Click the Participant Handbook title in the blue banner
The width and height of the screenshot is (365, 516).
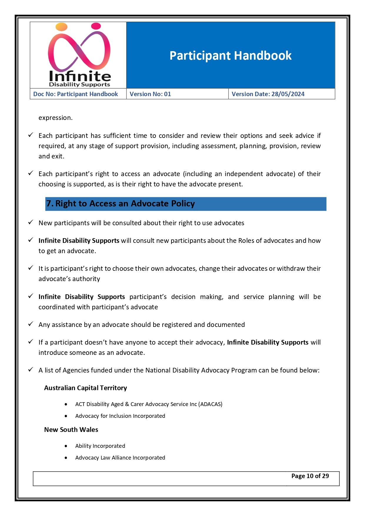click(x=230, y=56)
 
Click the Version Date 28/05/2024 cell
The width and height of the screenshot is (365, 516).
click(x=268, y=94)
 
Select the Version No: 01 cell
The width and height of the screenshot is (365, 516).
click(x=150, y=94)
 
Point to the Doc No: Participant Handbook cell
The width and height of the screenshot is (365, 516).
click(x=76, y=94)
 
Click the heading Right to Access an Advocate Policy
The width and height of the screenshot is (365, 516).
click(x=121, y=203)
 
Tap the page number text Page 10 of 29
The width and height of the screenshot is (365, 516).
click(x=310, y=476)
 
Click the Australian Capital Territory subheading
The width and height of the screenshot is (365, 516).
click(x=86, y=388)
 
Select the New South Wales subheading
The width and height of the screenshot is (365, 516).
click(x=71, y=430)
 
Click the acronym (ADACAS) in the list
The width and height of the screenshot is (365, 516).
click(x=210, y=404)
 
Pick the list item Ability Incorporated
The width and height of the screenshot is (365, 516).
click(x=100, y=446)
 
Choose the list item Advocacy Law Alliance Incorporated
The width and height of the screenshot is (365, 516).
click(x=120, y=457)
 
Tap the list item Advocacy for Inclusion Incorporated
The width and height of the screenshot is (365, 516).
click(x=120, y=416)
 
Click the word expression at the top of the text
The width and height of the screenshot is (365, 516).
click(x=55, y=118)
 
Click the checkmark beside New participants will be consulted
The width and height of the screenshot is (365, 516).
click(x=31, y=222)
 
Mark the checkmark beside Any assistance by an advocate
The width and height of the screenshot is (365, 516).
click(x=31, y=324)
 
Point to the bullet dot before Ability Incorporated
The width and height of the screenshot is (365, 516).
click(x=66, y=446)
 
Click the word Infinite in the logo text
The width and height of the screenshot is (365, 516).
click(x=80, y=76)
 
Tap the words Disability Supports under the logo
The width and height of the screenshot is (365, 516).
click(x=79, y=85)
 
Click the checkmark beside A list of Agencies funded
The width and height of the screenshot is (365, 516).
click(x=31, y=370)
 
